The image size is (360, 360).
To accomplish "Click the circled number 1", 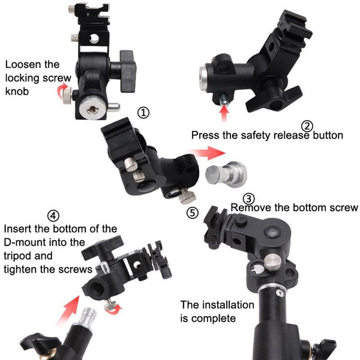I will tap(143, 112).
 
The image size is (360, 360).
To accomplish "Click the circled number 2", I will tap(307, 126).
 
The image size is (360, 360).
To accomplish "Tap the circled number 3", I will tap(248, 199).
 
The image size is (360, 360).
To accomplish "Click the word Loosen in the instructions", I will tap(23, 65).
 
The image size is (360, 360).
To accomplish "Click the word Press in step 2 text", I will tap(206, 136).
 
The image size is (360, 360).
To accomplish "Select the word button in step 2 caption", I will tap(325, 136).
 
